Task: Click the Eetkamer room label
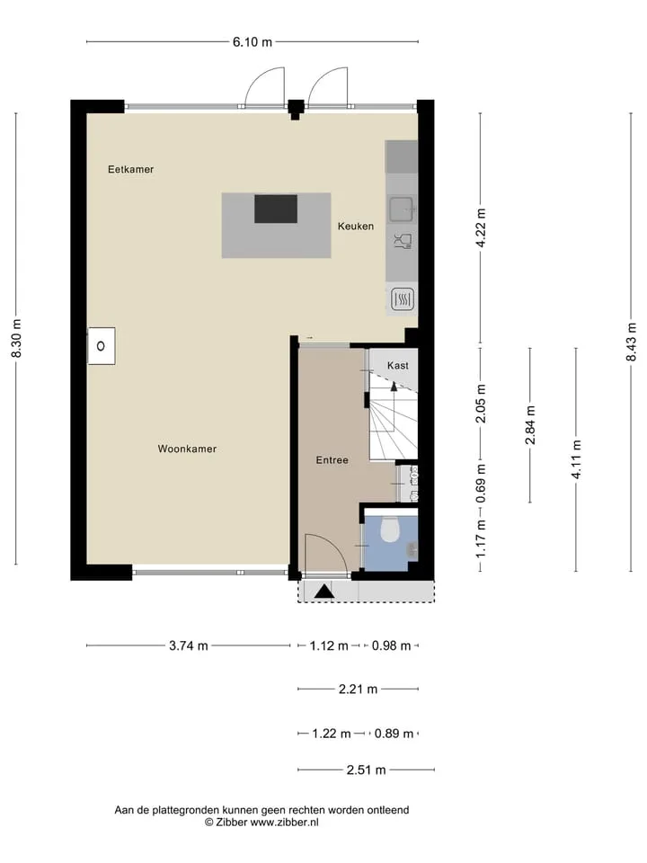(x=130, y=169)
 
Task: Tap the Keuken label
(x=356, y=226)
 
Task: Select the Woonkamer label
(x=187, y=449)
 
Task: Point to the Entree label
(x=332, y=460)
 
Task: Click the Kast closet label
(x=398, y=366)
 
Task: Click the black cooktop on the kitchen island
(x=276, y=209)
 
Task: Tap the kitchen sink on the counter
(x=403, y=209)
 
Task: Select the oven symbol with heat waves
(x=403, y=299)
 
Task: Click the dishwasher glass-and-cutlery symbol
(x=403, y=242)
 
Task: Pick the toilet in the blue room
(x=390, y=529)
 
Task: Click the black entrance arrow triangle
(x=324, y=592)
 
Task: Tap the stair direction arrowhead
(x=394, y=386)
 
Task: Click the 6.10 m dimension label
(x=252, y=42)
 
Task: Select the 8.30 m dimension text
(x=16, y=339)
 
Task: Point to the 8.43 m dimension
(x=631, y=342)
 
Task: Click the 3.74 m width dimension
(x=188, y=645)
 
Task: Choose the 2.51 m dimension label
(x=366, y=770)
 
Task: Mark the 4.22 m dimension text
(x=480, y=227)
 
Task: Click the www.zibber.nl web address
(x=284, y=823)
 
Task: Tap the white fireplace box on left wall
(x=102, y=346)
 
